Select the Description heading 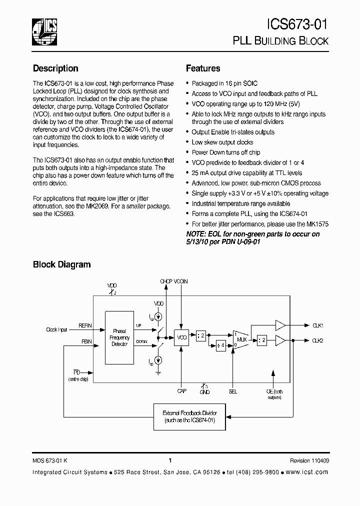pyautogui.click(x=55, y=68)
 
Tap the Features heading pyautogui.click(x=203, y=68)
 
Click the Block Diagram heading pyautogui.click(x=61, y=264)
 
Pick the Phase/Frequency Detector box pyautogui.click(x=119, y=337)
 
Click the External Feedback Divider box pyautogui.click(x=189, y=416)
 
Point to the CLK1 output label pyautogui.click(x=318, y=325)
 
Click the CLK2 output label pyautogui.click(x=318, y=340)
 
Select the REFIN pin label pyautogui.click(x=85, y=325)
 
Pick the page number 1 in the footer pyautogui.click(x=170, y=460)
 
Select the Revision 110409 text pyautogui.click(x=309, y=460)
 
